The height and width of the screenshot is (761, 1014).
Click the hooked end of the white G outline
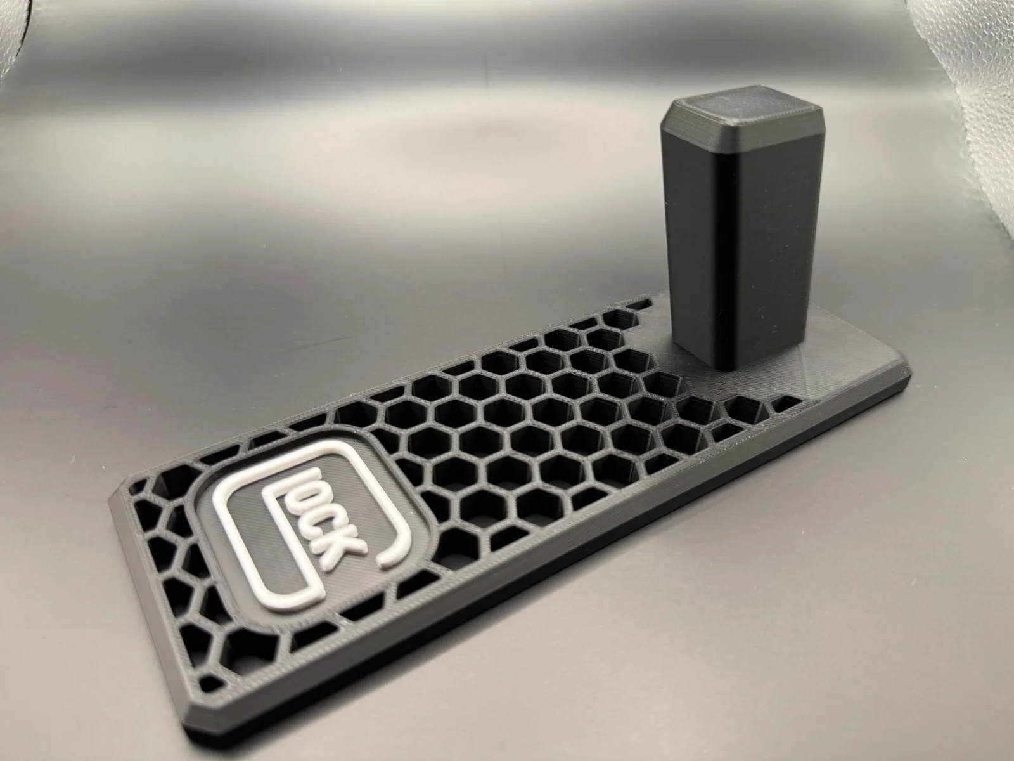pos(393,550)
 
